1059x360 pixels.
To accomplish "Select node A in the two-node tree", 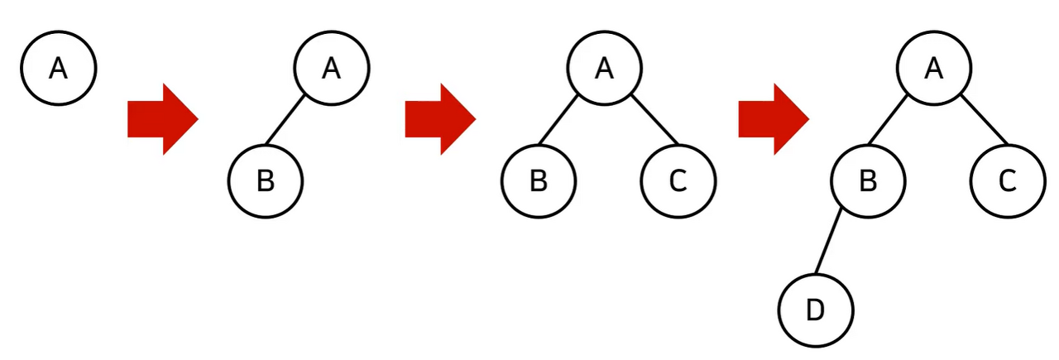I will pyautogui.click(x=332, y=69).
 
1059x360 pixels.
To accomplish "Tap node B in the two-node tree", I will pyautogui.click(x=265, y=181).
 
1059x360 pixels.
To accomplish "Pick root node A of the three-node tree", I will pyautogui.click(x=605, y=69).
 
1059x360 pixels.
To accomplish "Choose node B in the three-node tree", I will pyautogui.click(x=539, y=181).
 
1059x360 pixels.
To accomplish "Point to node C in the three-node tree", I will pyautogui.click(x=678, y=181).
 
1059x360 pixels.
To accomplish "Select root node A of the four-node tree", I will pyautogui.click(x=934, y=69).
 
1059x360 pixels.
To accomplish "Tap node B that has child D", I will pyautogui.click(x=868, y=181).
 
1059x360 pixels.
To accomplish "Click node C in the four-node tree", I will pyautogui.click(x=1007, y=181).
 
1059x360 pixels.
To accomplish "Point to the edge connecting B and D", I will pyautogui.click(x=829, y=244).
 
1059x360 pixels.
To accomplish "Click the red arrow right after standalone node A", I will pyautogui.click(x=161, y=119).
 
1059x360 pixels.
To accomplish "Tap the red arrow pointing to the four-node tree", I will pyautogui.click(x=772, y=119).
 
